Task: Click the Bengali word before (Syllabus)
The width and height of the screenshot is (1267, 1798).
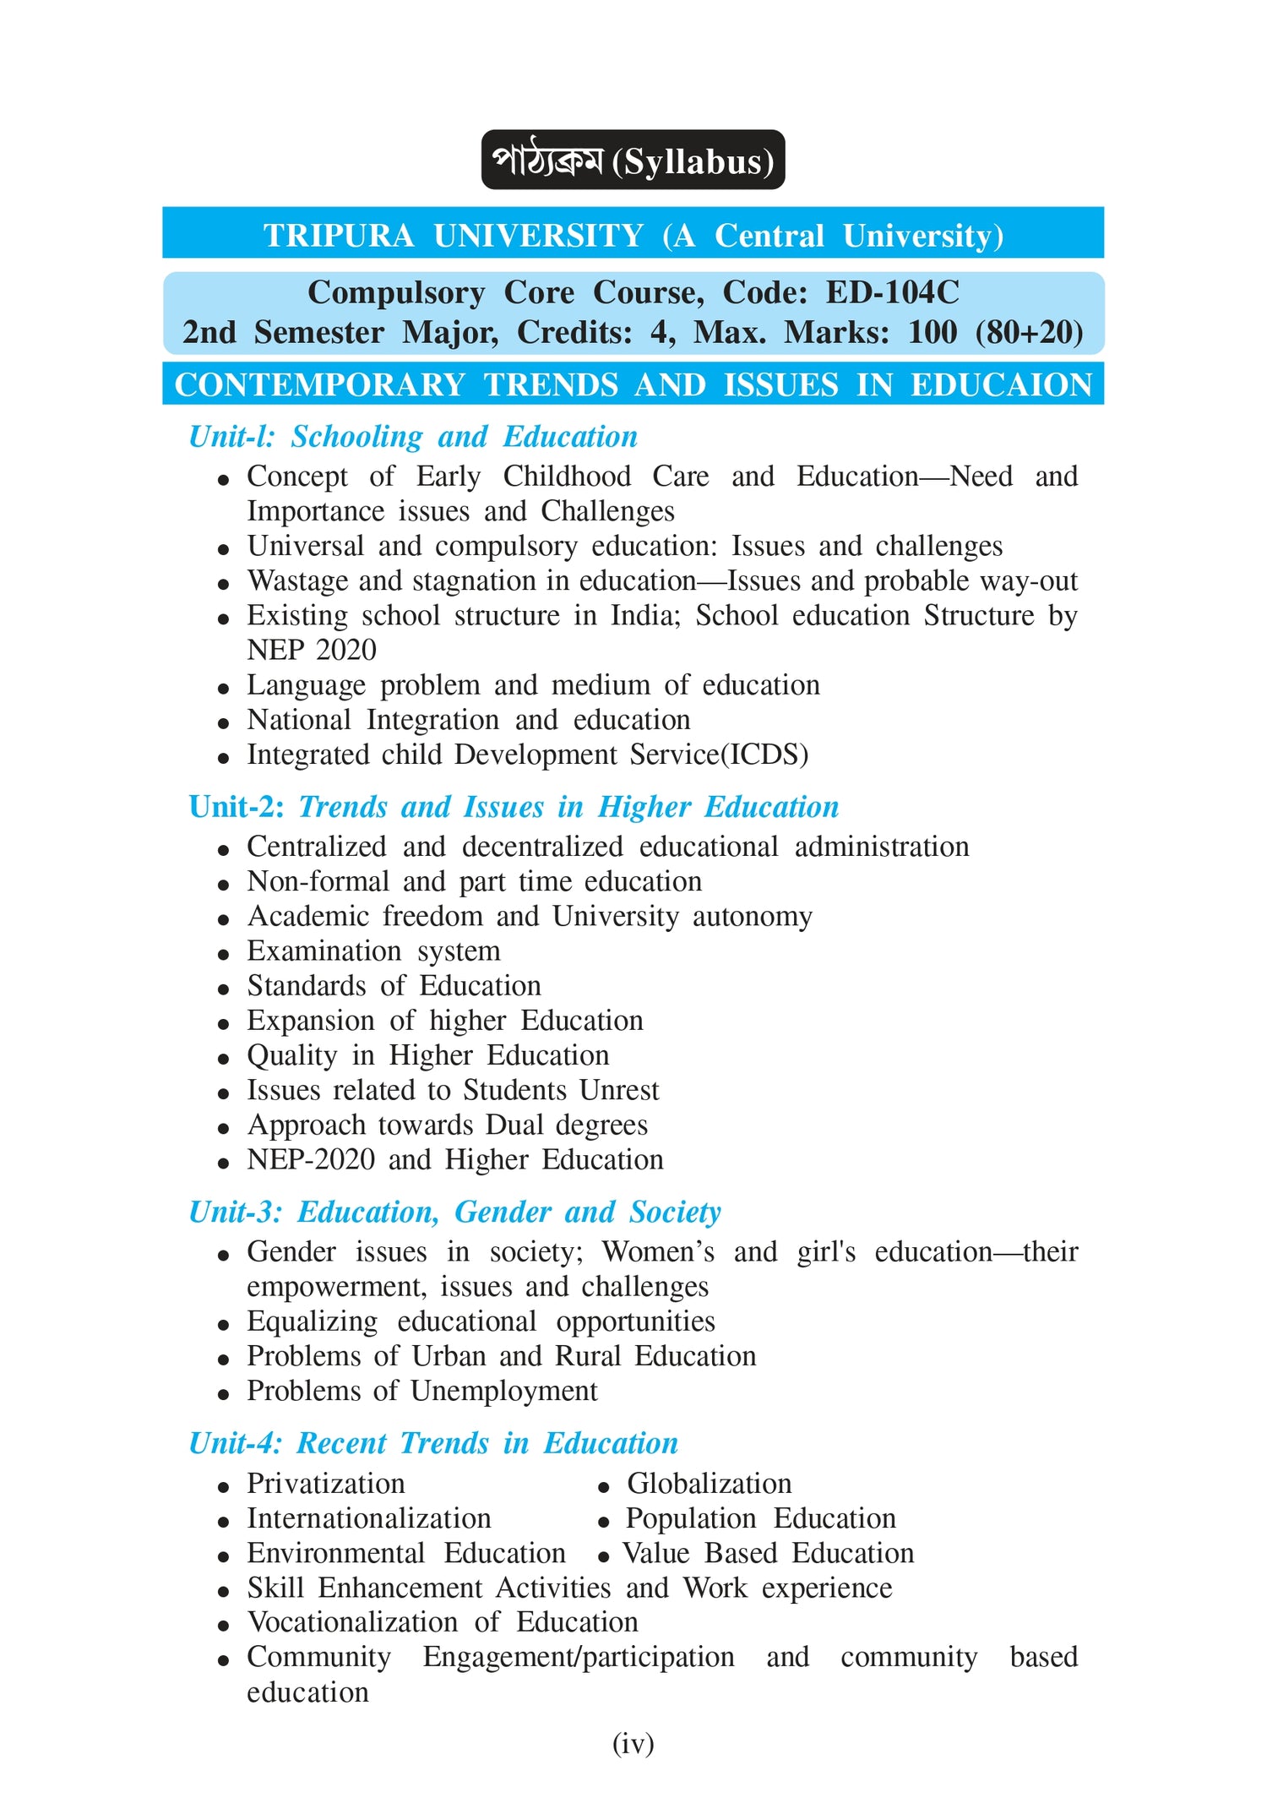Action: click(x=547, y=161)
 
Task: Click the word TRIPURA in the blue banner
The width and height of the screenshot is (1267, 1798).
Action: click(x=339, y=236)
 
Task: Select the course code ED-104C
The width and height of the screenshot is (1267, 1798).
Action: click(x=892, y=292)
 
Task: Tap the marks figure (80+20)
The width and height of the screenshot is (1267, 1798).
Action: click(x=1029, y=332)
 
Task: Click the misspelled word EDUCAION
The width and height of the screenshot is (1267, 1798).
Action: click(x=1001, y=385)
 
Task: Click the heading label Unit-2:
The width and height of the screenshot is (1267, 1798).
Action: click(x=237, y=807)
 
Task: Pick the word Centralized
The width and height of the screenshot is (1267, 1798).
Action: click(x=317, y=847)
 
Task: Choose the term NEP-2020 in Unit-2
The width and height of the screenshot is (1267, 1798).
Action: click(x=310, y=1159)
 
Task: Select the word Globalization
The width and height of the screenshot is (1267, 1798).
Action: click(x=709, y=1484)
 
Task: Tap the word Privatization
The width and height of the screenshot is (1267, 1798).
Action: click(x=325, y=1484)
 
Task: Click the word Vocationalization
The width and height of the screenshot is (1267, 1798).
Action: click(x=352, y=1622)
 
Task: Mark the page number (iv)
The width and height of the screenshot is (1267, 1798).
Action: click(x=633, y=1743)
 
